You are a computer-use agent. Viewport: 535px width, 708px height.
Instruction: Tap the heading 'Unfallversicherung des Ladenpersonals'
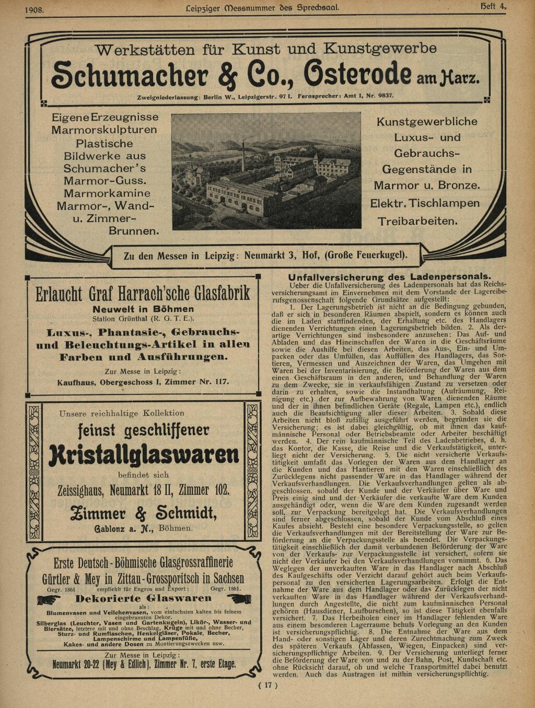pyautogui.click(x=389, y=277)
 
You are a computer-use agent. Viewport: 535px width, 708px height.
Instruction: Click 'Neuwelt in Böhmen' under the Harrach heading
pyautogui.click(x=143, y=309)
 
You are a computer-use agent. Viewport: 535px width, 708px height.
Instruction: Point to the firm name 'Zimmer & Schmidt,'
pyautogui.click(x=143, y=512)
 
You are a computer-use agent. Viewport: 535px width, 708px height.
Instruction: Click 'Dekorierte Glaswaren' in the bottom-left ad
pyautogui.click(x=144, y=598)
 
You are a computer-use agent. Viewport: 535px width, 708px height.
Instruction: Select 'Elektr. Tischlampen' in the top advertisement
pyautogui.click(x=425, y=203)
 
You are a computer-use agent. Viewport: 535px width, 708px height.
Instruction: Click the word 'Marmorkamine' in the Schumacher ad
pyautogui.click(x=108, y=193)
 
